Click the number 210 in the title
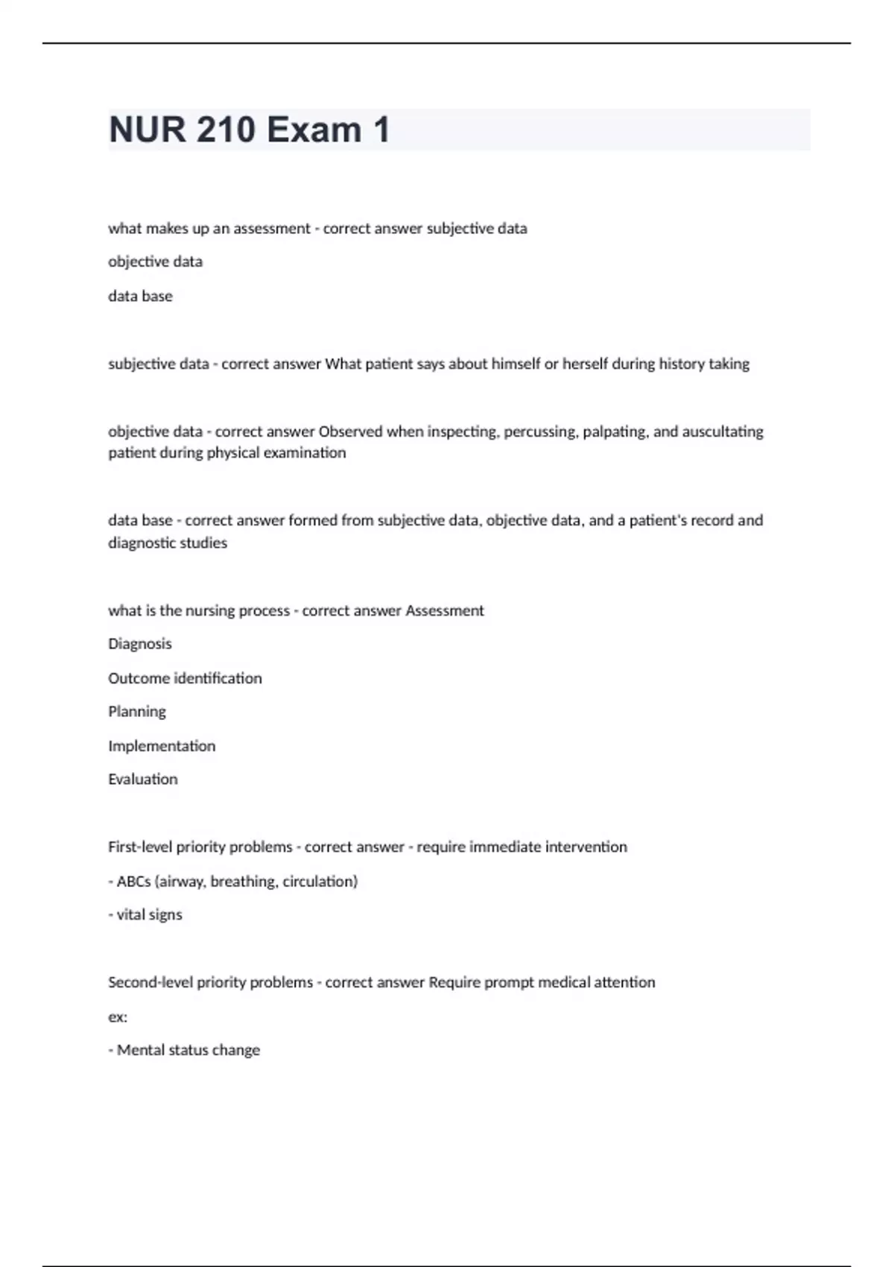(226, 130)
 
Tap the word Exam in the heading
(314, 130)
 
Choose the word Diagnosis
(140, 644)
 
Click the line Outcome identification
(185, 678)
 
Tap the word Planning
(137, 712)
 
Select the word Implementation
(162, 746)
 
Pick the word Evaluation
(143, 780)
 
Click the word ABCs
(134, 882)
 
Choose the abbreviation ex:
(118, 1017)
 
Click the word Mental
(140, 1051)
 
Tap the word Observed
(350, 432)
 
